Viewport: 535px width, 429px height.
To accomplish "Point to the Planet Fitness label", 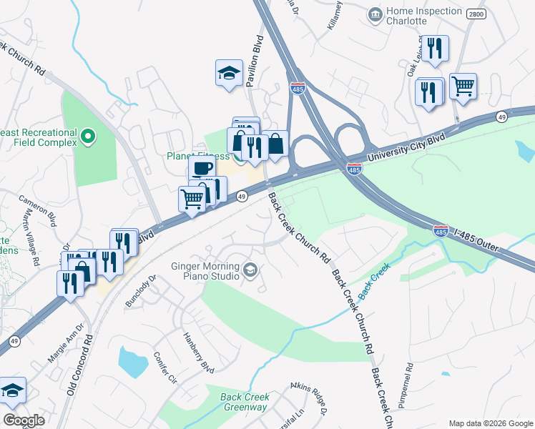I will click(x=198, y=156).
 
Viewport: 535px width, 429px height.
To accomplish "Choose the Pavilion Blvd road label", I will click(x=252, y=61).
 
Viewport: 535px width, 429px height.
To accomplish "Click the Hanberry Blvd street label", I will click(x=198, y=355).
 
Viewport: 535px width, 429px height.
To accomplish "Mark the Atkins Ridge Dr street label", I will click(x=310, y=398).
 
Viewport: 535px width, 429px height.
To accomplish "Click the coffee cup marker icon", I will click(x=202, y=169).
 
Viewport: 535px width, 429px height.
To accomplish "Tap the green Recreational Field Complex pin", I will click(x=87, y=136).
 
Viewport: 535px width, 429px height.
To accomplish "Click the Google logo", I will click(x=23, y=420).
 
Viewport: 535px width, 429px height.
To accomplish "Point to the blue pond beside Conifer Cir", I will click(x=131, y=362).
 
